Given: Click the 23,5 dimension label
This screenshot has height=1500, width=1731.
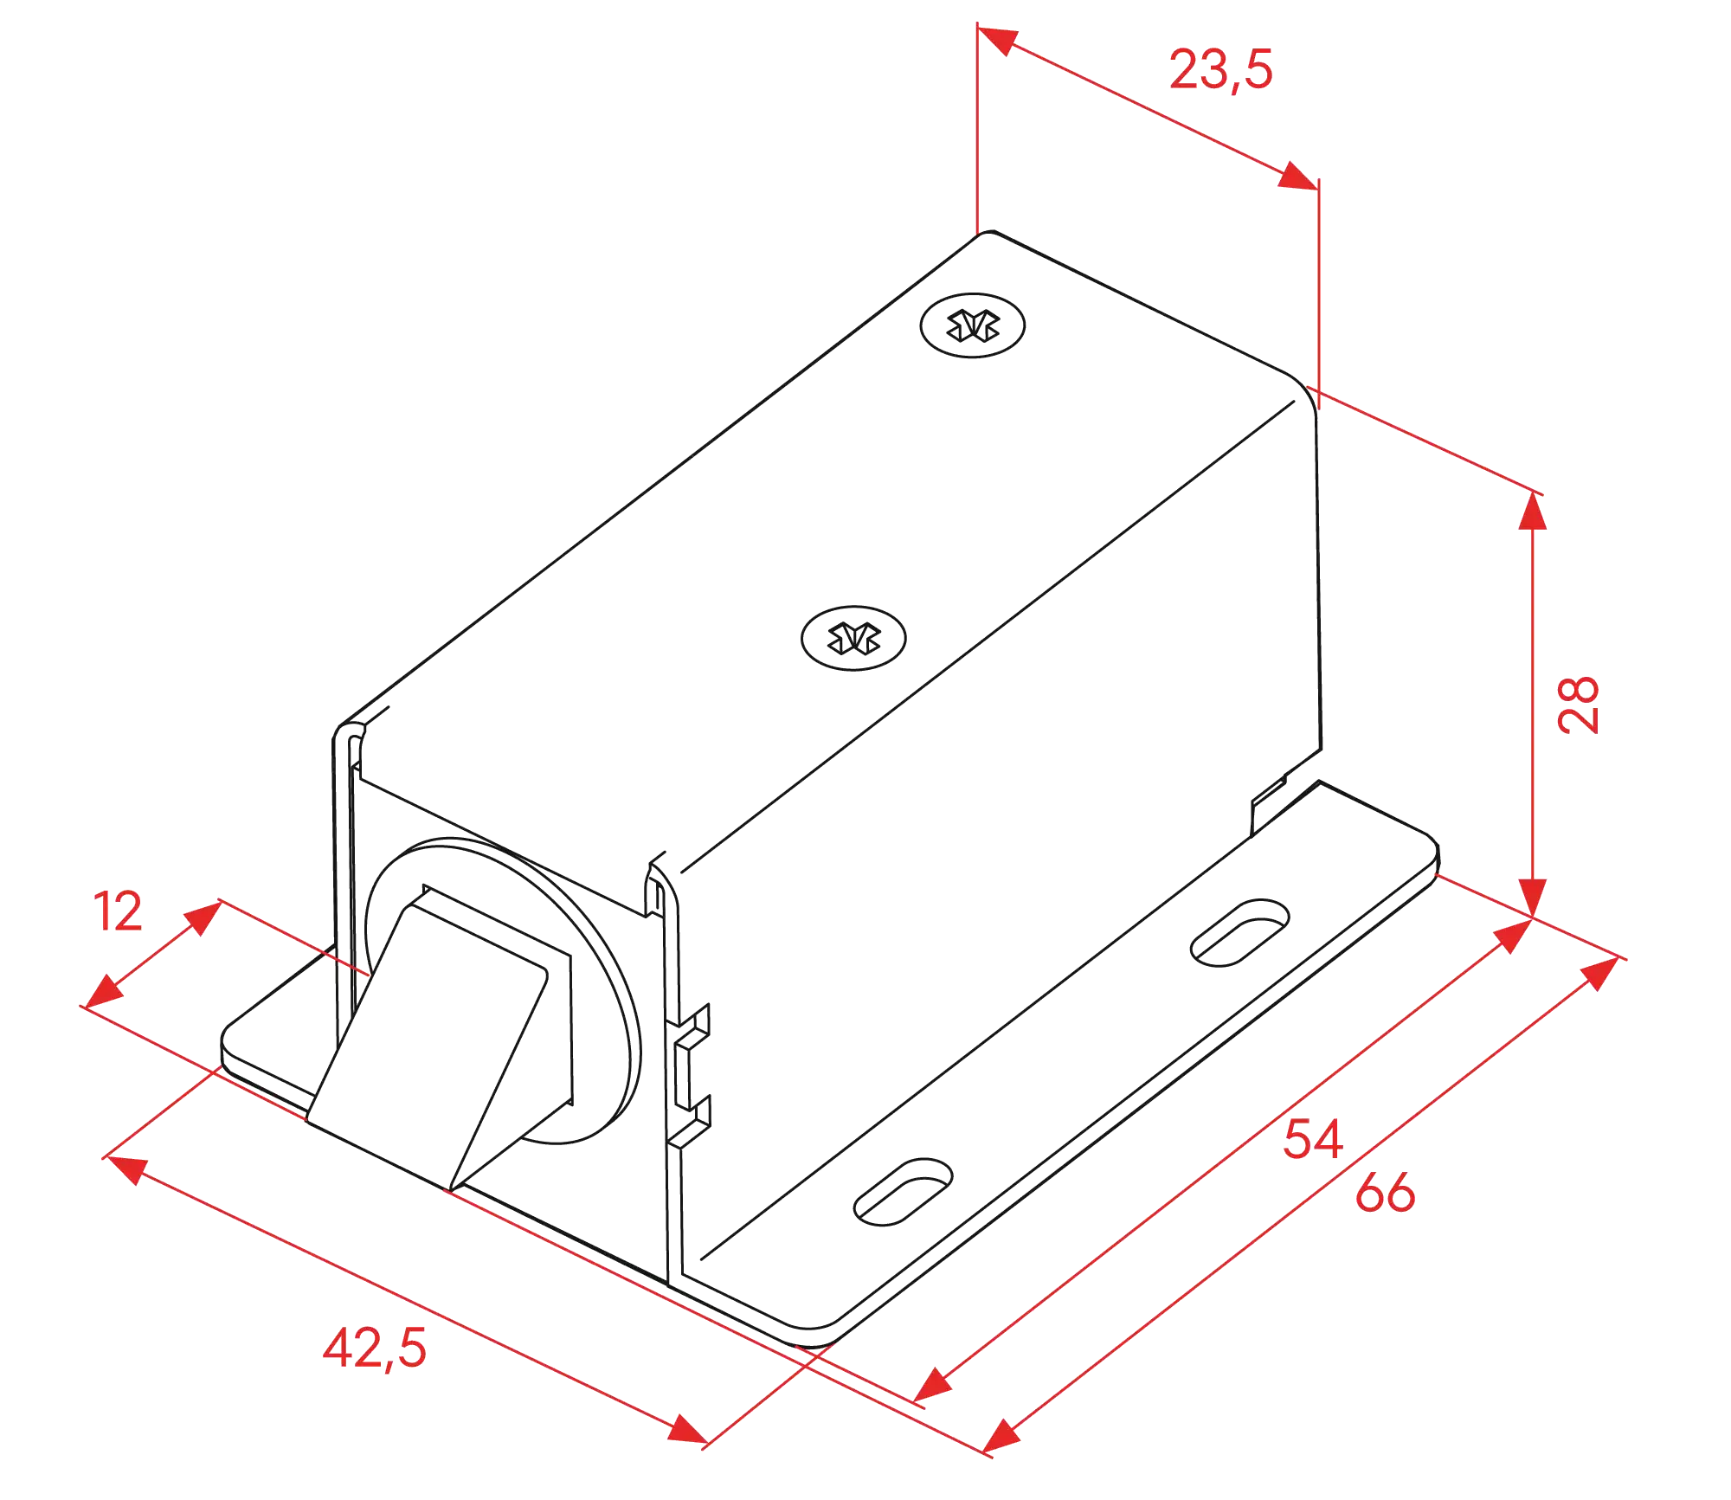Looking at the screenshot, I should click(1221, 70).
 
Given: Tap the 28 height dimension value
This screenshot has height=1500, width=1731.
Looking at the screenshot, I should click(1577, 703).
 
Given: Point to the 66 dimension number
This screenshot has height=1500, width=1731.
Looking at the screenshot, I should click(1385, 1192).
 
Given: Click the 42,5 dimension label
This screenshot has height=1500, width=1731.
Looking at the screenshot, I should click(375, 1348).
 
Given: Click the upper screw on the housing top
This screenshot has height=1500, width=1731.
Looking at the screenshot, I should click(972, 325).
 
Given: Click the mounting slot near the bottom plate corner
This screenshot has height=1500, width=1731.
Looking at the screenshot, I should click(903, 1191).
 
